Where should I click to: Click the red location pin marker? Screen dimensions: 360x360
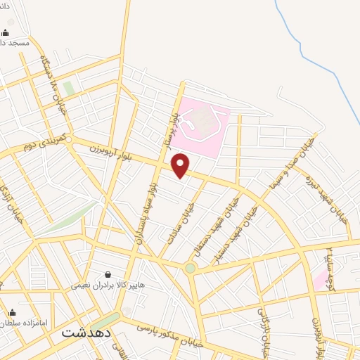[181, 165]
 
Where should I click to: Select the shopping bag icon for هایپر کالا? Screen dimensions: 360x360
[108, 274]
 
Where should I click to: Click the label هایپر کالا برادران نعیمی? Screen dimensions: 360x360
[107, 285]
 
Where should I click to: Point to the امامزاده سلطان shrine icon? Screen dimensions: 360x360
[11, 312]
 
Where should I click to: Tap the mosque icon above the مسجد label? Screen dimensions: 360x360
[6, 32]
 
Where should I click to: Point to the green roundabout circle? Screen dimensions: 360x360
[191, 268]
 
